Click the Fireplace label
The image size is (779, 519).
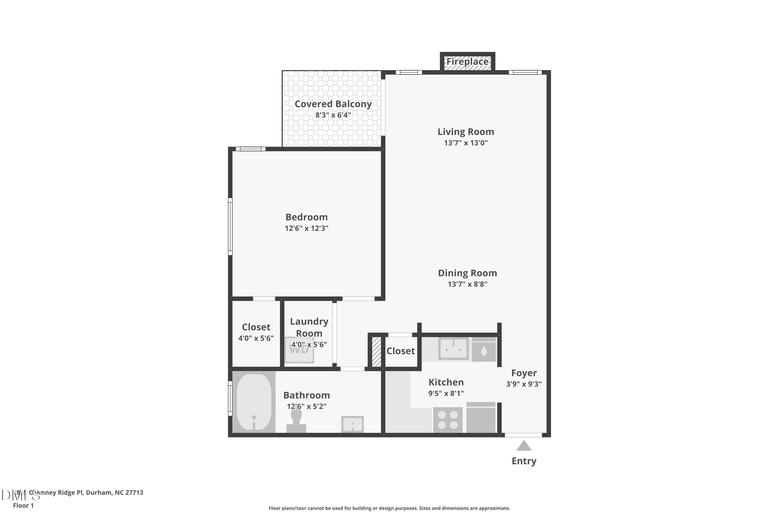(x=467, y=62)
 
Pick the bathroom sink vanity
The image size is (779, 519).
(x=352, y=424)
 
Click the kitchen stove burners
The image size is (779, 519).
(x=448, y=420)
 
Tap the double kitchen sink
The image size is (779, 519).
(x=453, y=349)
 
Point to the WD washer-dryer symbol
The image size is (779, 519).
(x=299, y=350)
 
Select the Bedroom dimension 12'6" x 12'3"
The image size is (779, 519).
(x=306, y=228)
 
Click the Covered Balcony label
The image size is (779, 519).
(x=333, y=104)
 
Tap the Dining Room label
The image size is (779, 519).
(x=467, y=273)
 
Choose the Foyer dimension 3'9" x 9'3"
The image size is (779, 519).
(x=524, y=384)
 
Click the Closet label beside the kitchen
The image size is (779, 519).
(x=400, y=351)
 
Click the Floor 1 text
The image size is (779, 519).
(x=23, y=506)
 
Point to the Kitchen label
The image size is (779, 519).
(x=446, y=382)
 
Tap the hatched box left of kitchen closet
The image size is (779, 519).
(x=376, y=352)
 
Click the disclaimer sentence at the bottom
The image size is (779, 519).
(x=389, y=508)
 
